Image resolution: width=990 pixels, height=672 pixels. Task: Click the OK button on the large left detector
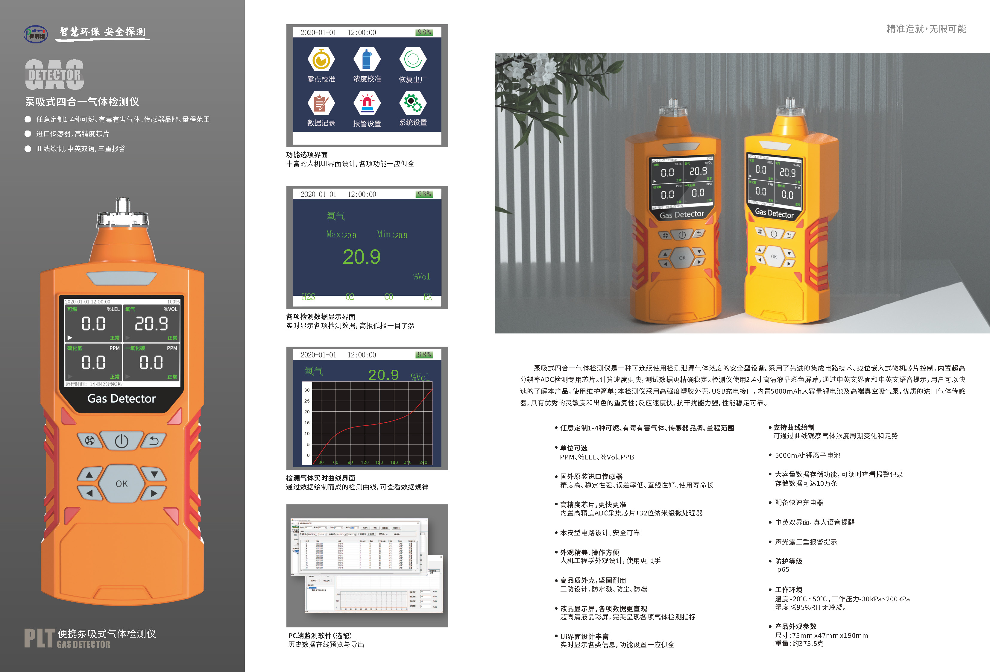coord(122,484)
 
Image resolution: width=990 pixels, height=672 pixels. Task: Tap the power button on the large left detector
coord(122,441)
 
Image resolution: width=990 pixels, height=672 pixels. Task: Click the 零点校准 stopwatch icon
coord(321,60)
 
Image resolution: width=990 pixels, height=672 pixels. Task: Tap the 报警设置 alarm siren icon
coord(367,104)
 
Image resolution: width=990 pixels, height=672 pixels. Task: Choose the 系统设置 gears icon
coord(412,103)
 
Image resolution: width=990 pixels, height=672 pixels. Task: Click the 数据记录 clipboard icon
coord(321,104)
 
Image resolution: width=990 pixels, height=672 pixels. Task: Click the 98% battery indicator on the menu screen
coord(424,32)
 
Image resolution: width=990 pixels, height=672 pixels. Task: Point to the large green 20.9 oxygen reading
coord(361,257)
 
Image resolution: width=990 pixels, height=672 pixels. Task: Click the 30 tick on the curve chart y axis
coord(307,390)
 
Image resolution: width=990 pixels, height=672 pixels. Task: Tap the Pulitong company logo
coord(36,34)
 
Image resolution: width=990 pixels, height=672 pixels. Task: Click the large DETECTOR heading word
coord(54,75)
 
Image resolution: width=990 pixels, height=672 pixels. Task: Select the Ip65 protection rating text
coord(782,570)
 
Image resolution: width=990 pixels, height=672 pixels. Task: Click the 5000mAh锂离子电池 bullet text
coord(807,455)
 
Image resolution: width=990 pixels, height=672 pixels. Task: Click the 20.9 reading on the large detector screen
coord(151,324)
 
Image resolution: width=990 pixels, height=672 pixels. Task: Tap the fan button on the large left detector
coord(89,441)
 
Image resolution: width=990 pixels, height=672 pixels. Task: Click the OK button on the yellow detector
coord(774,257)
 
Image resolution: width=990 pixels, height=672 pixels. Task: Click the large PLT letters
coord(40,638)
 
